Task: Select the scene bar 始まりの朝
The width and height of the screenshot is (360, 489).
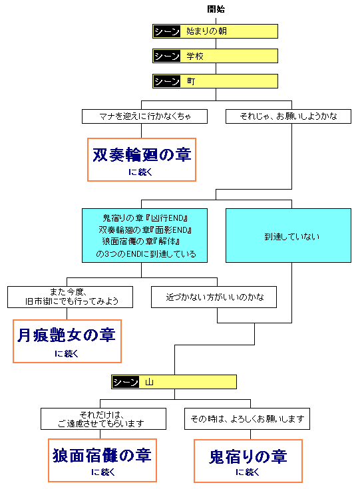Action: [x=215, y=31]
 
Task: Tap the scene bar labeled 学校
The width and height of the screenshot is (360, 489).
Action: [x=215, y=56]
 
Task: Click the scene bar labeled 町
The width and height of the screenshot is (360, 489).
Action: [x=215, y=81]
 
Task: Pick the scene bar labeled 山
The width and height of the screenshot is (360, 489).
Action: [x=174, y=382]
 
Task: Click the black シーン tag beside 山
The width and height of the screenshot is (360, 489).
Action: [x=125, y=382]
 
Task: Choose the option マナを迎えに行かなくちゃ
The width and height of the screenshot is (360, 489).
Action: [x=144, y=116]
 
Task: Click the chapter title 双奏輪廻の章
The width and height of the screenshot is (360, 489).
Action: [x=142, y=155]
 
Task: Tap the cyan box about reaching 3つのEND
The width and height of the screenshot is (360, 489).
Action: [x=144, y=236]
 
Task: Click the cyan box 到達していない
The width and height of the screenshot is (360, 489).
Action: [x=287, y=236]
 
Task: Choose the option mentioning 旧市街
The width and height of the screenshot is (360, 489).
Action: [x=70, y=297]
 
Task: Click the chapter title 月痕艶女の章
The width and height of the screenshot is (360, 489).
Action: [x=67, y=335]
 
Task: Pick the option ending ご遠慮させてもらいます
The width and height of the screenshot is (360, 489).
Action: [x=102, y=418]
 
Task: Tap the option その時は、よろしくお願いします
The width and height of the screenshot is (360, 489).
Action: [x=247, y=418]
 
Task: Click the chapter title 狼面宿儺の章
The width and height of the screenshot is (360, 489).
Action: [x=102, y=456]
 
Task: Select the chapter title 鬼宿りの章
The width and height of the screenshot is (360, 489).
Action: [x=248, y=457]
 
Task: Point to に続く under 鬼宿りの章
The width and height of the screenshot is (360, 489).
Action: [x=248, y=472]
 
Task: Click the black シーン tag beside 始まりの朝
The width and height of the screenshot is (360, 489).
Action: [x=166, y=31]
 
